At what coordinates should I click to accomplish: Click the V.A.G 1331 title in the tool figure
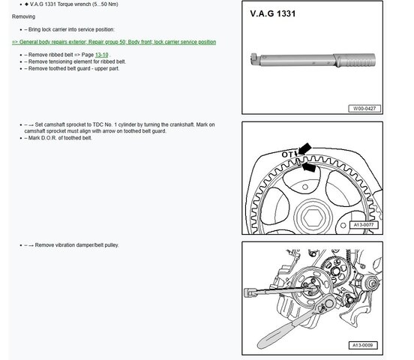[273, 13]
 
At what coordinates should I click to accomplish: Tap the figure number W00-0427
[364, 109]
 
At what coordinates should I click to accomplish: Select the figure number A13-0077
[364, 225]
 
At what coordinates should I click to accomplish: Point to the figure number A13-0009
[363, 345]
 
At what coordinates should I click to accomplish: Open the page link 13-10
[102, 55]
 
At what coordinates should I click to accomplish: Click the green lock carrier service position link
[114, 42]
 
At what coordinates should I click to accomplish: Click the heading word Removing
[23, 16]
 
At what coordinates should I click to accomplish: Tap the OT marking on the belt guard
[287, 154]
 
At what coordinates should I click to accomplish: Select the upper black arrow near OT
[304, 148]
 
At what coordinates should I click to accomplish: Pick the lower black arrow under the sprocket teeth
[308, 167]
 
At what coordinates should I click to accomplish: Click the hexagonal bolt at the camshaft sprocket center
[313, 218]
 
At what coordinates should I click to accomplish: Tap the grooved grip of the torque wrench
[355, 60]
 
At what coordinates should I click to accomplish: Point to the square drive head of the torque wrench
[254, 59]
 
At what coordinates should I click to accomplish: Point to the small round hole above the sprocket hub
[305, 187]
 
